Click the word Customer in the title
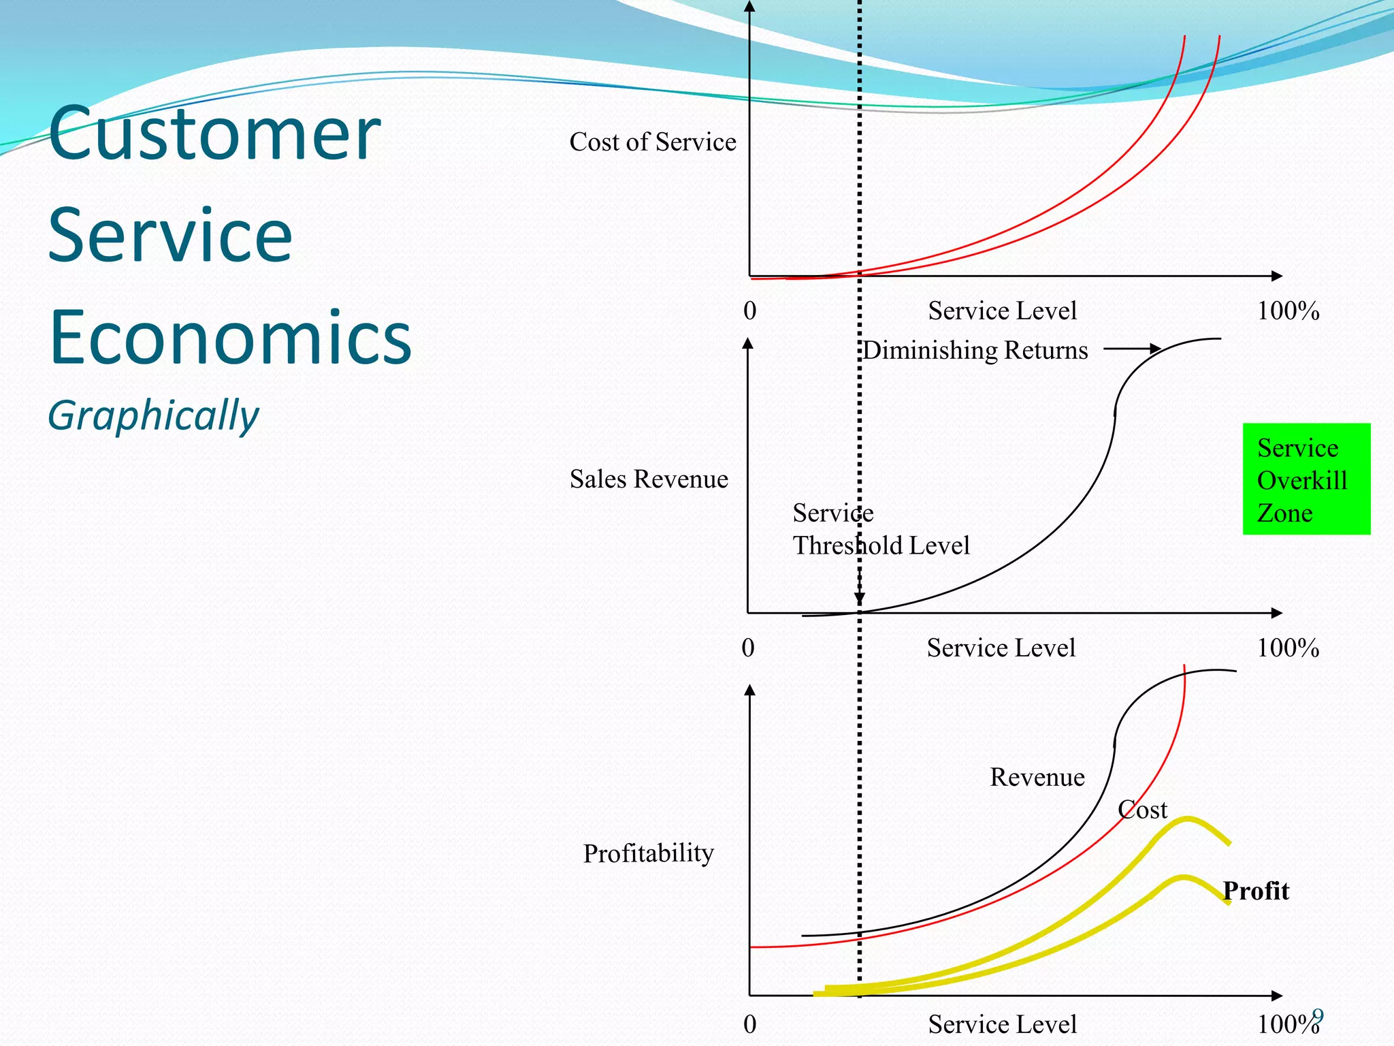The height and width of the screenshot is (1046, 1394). (x=214, y=133)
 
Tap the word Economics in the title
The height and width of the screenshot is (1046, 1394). (x=230, y=338)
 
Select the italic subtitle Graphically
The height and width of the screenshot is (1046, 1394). (x=153, y=415)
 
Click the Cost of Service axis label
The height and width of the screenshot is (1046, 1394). (x=652, y=142)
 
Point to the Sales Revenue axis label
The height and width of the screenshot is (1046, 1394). (x=648, y=479)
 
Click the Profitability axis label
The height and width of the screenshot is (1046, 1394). (x=648, y=853)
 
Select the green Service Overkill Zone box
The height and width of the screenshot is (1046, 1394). (x=1306, y=479)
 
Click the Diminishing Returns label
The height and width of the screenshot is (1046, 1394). (x=975, y=350)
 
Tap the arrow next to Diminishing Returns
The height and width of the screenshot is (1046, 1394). (x=1133, y=349)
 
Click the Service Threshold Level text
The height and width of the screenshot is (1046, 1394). (x=880, y=529)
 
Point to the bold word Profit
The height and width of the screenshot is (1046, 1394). (x=1256, y=891)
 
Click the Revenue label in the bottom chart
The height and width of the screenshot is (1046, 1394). (x=1037, y=777)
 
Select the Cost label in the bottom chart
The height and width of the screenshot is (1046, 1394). (x=1142, y=810)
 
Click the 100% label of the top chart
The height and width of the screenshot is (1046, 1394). (x=1287, y=311)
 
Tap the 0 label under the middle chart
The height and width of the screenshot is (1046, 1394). (x=747, y=648)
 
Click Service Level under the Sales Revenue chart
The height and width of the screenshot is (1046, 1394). (x=1001, y=648)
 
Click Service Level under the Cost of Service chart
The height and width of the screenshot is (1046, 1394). (x=1002, y=311)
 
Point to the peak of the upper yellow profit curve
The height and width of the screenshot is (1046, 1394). (x=1187, y=819)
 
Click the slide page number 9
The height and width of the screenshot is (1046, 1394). (x=1318, y=1016)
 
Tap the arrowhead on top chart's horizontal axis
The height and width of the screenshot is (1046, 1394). (x=1277, y=276)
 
